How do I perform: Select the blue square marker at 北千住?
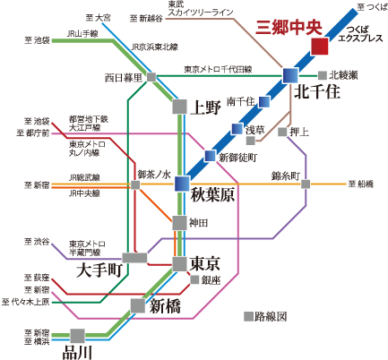pos(289,76)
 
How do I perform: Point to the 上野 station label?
pos(206,108)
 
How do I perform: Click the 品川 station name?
pos(77,352)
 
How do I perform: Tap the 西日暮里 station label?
pos(124,77)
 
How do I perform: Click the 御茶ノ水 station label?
pos(155,174)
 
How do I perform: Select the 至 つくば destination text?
pos(370,6)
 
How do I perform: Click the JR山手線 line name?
pos(85,33)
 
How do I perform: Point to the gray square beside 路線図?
pos(247,316)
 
